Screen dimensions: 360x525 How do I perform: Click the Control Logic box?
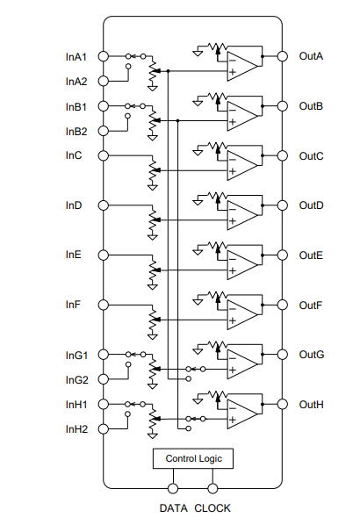point(193,458)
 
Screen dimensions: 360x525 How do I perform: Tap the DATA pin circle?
point(173,488)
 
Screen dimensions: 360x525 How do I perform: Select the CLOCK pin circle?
point(212,488)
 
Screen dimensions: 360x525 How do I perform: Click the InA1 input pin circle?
point(104,56)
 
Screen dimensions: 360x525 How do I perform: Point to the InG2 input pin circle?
point(104,379)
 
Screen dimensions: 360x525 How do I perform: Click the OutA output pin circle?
point(283,56)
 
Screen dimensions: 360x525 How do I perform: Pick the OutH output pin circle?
point(283,404)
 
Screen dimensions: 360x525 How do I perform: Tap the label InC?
point(74,155)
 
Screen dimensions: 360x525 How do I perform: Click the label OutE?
point(311,255)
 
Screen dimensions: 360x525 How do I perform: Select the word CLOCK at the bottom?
point(212,508)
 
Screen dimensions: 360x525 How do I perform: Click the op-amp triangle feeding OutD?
point(242,215)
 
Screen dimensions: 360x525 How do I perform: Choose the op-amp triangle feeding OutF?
point(242,314)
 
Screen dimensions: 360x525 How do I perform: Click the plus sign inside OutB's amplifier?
point(233,122)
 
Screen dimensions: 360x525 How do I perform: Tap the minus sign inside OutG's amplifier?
point(233,358)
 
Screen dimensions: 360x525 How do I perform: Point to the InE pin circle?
point(104,255)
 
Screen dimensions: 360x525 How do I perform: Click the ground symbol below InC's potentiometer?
point(153,187)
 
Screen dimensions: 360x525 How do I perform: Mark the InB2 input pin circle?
point(104,131)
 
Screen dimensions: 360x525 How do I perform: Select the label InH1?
point(76,405)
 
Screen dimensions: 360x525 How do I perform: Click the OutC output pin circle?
point(283,155)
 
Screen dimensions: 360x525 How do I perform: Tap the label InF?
point(73,305)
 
